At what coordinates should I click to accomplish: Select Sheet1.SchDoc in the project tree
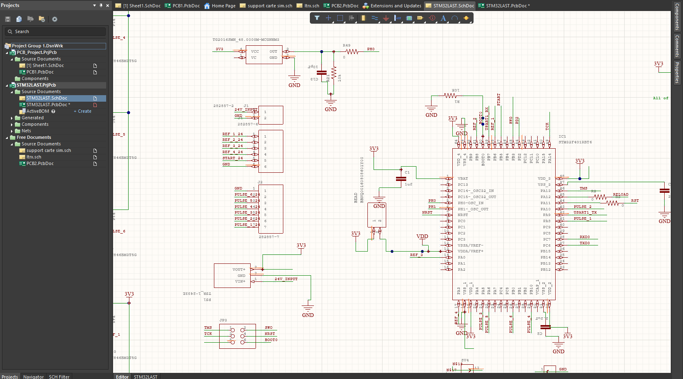tap(45, 65)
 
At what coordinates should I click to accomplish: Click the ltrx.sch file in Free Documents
tap(33, 157)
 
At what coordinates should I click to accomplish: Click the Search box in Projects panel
tap(55, 31)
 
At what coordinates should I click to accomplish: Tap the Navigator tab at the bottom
tap(33, 377)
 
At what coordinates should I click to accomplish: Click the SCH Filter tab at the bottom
tap(59, 377)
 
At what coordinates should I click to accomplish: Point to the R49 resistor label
tap(346, 45)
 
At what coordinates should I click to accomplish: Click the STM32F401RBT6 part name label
tap(575, 142)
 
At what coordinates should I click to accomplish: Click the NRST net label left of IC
tap(427, 212)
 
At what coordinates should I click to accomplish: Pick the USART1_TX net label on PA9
tap(585, 212)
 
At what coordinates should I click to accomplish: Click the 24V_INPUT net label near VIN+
tap(286, 279)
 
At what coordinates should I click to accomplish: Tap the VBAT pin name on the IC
tap(463, 178)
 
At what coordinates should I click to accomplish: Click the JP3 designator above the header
tap(223, 320)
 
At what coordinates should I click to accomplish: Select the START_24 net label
tap(232, 158)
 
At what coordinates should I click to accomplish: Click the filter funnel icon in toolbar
tap(317, 18)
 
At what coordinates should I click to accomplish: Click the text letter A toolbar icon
tap(443, 18)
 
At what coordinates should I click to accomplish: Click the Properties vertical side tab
tap(677, 73)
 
